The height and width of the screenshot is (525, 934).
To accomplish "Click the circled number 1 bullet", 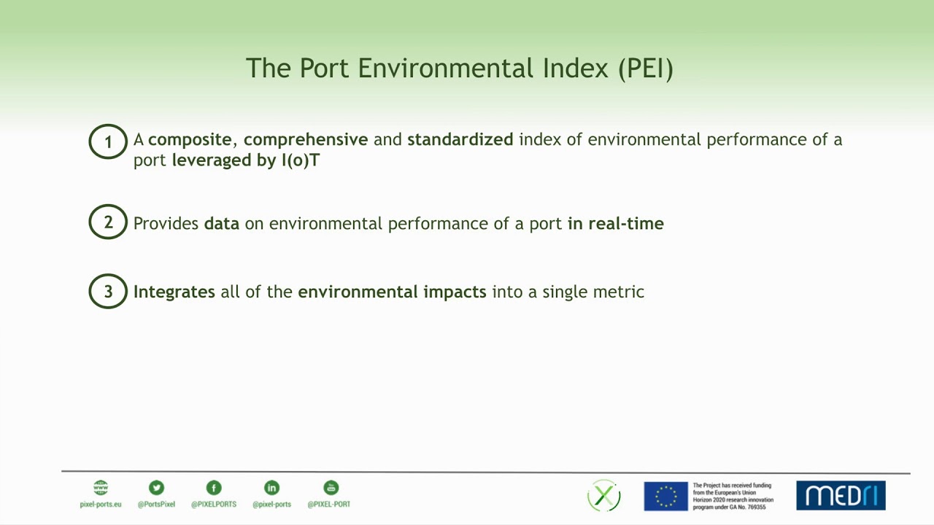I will [x=108, y=141].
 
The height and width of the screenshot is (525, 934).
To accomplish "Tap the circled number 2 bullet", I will [x=108, y=222].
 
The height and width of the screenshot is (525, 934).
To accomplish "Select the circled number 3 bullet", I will [x=108, y=292].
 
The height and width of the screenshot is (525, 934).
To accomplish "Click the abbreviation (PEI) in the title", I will [x=645, y=69].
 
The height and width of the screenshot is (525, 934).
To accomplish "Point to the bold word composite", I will [x=190, y=139].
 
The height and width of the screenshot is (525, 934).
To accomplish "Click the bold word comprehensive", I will [x=306, y=139].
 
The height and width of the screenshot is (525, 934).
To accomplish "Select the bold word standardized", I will [x=460, y=139].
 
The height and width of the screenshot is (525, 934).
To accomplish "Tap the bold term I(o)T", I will [x=300, y=160].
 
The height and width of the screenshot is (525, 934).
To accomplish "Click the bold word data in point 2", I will [x=222, y=223].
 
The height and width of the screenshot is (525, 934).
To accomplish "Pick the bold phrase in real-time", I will [x=616, y=223].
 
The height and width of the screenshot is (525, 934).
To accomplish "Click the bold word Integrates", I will [x=174, y=292].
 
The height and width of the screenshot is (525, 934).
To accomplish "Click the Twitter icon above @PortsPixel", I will [x=156, y=488].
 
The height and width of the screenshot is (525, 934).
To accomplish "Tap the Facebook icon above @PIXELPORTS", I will [x=213, y=488].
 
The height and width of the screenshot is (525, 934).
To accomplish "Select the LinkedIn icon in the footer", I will [x=271, y=488].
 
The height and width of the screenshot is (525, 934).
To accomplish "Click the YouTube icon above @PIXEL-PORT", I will [x=331, y=488].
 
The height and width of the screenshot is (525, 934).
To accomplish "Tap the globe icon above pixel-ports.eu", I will [x=101, y=488].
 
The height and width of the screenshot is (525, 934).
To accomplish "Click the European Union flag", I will [x=665, y=496].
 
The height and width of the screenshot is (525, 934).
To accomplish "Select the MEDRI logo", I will [x=841, y=496].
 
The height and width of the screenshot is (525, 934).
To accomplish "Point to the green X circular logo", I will [x=604, y=496].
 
